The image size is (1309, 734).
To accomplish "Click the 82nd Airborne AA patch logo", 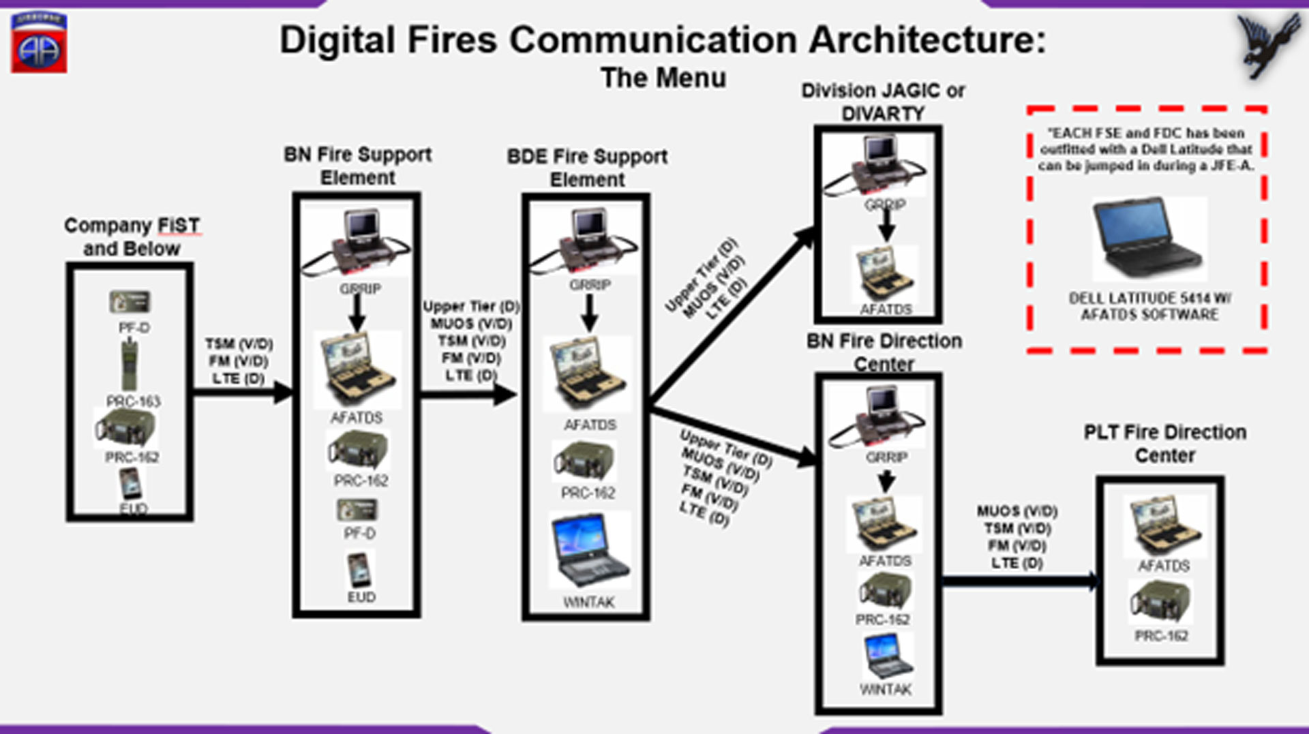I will click(39, 44).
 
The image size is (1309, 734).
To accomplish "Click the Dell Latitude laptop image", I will click(1149, 239).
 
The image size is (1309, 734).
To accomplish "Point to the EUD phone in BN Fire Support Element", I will click(359, 570).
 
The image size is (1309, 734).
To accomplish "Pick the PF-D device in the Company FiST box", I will click(130, 302).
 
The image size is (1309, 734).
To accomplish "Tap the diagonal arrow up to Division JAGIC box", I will click(733, 314).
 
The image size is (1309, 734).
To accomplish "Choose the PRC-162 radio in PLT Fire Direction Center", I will click(1161, 602).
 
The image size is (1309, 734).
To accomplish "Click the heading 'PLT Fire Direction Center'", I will click(1164, 444).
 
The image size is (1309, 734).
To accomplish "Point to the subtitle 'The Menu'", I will click(663, 78).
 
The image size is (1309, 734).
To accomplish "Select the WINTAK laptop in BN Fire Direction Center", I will click(887, 656).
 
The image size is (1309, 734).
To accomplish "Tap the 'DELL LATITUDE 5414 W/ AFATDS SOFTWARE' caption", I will click(1149, 307).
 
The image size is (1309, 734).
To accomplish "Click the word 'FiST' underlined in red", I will click(179, 226).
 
